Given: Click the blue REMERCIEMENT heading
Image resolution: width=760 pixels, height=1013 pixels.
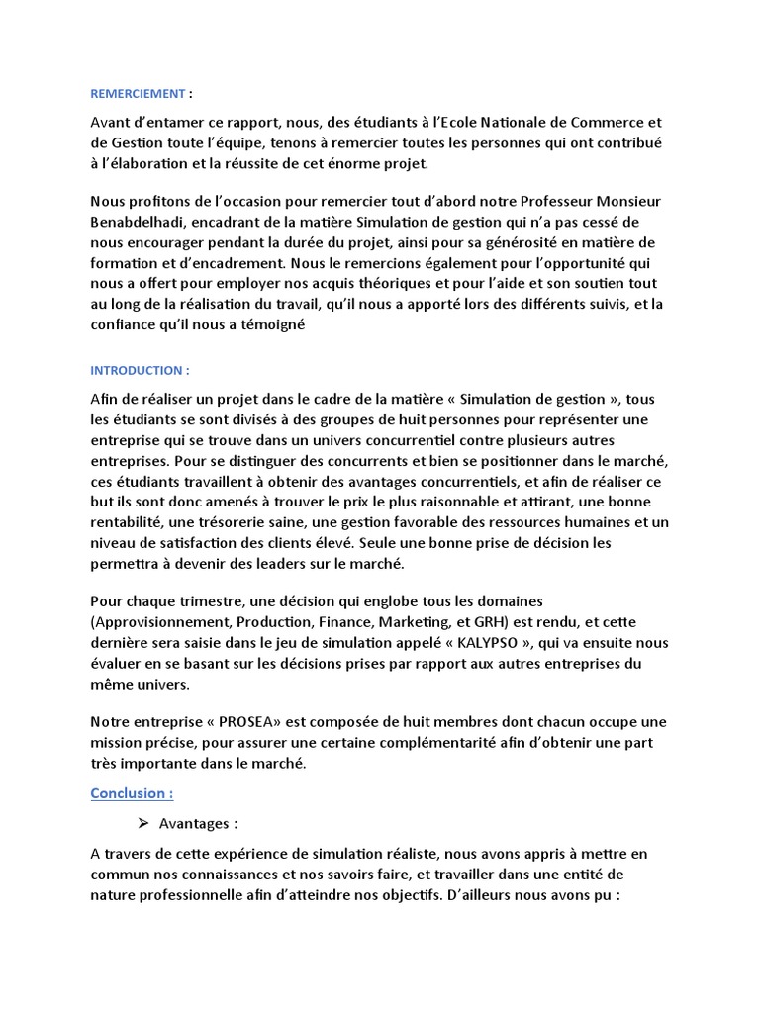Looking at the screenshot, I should click(x=138, y=94).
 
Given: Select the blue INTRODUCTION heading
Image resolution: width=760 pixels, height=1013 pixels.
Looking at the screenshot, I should click(x=139, y=370).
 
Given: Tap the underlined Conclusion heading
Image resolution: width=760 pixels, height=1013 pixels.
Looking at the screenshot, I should click(x=132, y=793).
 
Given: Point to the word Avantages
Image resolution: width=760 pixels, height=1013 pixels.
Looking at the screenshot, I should click(x=199, y=823).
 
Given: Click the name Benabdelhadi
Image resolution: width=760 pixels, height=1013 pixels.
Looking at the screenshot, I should click(x=139, y=224).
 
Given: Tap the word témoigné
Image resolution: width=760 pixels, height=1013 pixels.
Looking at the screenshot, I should click(x=278, y=325).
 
